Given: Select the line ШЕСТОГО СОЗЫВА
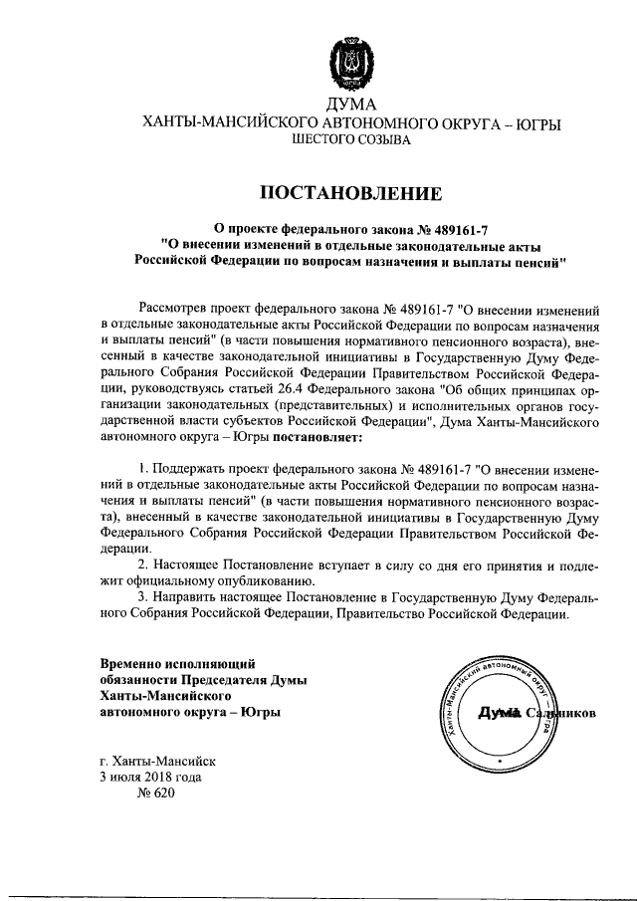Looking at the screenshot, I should (x=348, y=142).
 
